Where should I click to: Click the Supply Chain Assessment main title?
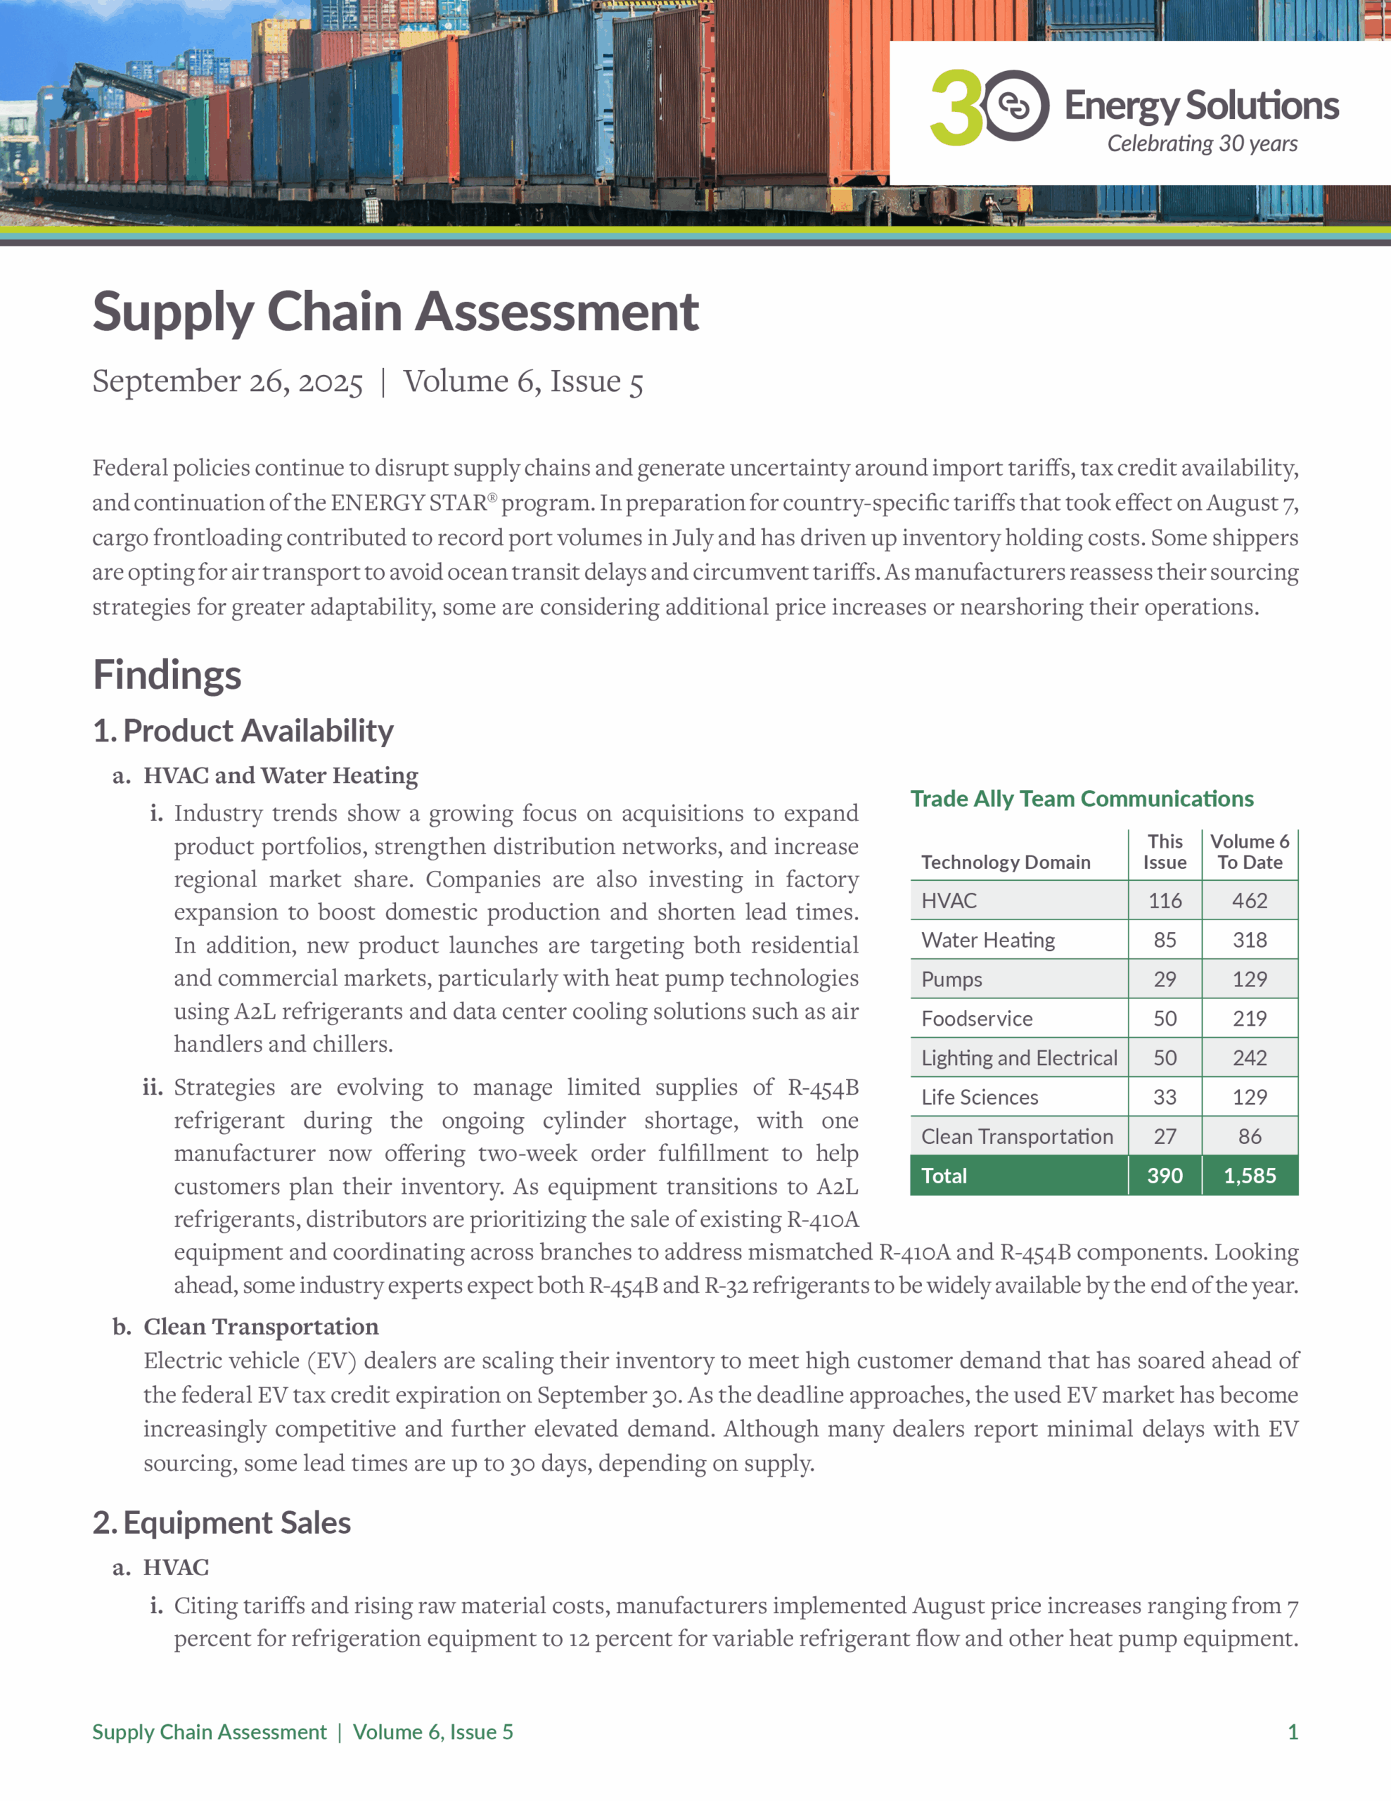pyautogui.click(x=395, y=312)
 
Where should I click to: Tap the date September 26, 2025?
pyautogui.click(x=228, y=381)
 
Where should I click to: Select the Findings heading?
pyautogui.click(x=167, y=674)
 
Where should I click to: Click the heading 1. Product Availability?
pyautogui.click(x=243, y=731)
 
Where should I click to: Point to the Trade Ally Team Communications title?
pyautogui.click(x=1081, y=798)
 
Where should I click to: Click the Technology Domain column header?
pyautogui.click(x=1005, y=862)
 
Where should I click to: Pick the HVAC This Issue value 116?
pyautogui.click(x=1165, y=900)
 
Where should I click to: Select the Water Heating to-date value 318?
pyautogui.click(x=1249, y=940)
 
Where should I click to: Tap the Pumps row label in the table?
pyautogui.click(x=951, y=980)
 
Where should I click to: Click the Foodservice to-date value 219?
pyautogui.click(x=1249, y=1019)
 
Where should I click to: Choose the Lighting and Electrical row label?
pyautogui.click(x=1019, y=1058)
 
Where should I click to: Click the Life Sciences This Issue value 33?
pyautogui.click(x=1165, y=1097)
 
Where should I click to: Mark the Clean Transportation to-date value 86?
pyautogui.click(x=1249, y=1136)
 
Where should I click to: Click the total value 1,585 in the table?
pyautogui.click(x=1249, y=1176)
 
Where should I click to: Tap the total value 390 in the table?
pyautogui.click(x=1165, y=1176)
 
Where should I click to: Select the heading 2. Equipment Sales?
pyautogui.click(x=222, y=1522)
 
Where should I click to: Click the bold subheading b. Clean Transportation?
pyautogui.click(x=261, y=1326)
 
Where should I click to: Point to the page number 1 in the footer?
pyautogui.click(x=1292, y=1732)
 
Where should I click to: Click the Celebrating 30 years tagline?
pyautogui.click(x=1201, y=144)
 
